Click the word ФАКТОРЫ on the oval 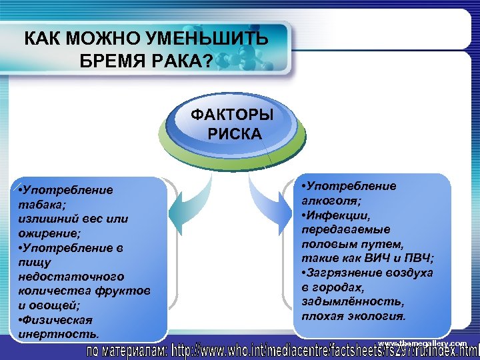tap(232, 114)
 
